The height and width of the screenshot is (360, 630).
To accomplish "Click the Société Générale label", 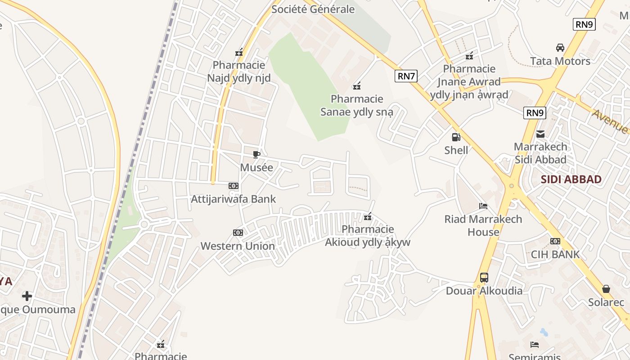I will click(313, 9).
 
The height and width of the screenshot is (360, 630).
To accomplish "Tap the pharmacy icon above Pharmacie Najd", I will click(239, 53).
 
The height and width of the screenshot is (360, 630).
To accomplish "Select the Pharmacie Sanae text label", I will click(357, 105).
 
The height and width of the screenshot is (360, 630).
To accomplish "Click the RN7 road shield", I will click(406, 76).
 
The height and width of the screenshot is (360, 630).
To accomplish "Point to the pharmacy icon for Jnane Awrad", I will click(469, 56).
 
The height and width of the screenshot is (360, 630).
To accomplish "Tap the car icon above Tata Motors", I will click(560, 48).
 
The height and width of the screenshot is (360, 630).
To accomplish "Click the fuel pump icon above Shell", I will click(456, 137).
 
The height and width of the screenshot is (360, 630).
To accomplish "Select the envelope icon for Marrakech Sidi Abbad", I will click(540, 134).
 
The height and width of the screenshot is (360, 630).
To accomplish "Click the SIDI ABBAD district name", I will click(571, 180).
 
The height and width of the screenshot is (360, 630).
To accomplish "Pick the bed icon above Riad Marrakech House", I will click(483, 207).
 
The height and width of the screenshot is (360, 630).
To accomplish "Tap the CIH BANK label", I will click(555, 254).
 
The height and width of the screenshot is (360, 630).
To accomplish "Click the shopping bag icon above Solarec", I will click(606, 289).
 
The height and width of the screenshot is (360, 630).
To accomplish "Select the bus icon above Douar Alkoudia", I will click(484, 278).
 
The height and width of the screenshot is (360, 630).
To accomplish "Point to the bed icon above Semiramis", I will click(535, 345).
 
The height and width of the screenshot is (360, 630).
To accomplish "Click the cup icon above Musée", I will click(256, 155).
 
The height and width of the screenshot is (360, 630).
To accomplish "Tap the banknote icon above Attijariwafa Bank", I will click(233, 186).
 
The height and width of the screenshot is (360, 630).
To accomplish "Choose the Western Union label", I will click(238, 246).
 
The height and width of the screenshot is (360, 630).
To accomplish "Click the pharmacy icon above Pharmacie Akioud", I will click(368, 217).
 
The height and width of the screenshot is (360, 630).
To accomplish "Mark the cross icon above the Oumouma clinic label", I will click(27, 296).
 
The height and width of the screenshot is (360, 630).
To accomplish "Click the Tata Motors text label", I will click(560, 61).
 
